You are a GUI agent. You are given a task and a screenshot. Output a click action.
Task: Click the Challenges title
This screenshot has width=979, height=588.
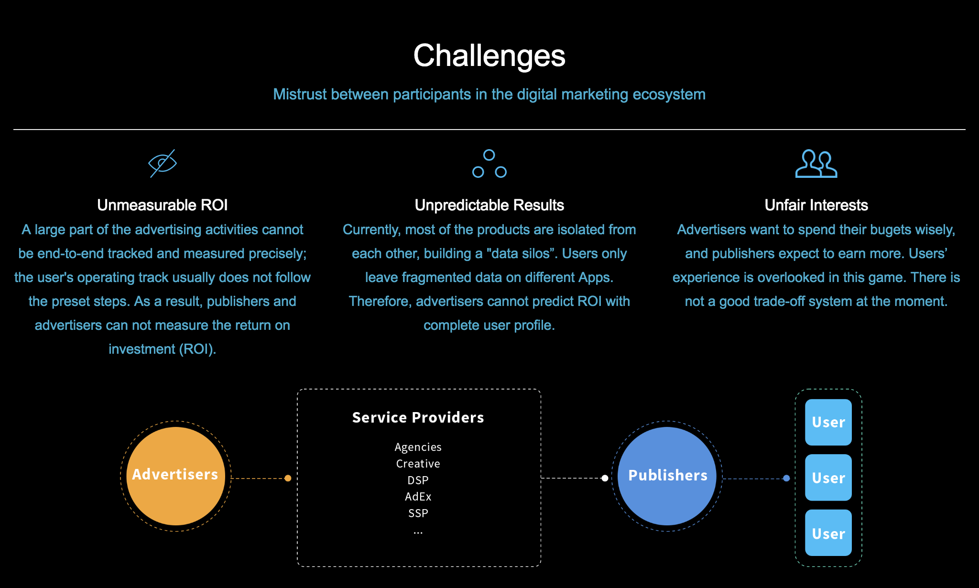489,56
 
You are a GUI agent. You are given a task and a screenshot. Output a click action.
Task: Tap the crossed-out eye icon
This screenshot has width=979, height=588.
163,163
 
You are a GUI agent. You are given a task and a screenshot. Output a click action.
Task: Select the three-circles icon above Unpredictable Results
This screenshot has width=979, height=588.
489,164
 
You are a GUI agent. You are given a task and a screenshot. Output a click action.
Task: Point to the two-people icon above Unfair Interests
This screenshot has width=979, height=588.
816,164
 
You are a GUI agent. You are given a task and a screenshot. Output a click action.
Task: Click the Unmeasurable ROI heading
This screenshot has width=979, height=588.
162,205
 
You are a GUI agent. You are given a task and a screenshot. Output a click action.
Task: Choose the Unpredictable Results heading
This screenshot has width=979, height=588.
489,205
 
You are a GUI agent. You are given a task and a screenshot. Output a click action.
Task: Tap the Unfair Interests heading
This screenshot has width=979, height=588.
816,205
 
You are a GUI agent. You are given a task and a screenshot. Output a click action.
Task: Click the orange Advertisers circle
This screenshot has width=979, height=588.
175,476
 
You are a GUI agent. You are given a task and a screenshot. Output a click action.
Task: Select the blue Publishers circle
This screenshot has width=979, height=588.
667,476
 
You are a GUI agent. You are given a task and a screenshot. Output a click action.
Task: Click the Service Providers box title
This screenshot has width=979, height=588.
418,417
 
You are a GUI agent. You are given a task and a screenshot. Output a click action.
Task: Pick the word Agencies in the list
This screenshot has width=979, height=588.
418,447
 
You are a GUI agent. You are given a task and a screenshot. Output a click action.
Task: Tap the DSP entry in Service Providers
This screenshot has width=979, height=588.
418,480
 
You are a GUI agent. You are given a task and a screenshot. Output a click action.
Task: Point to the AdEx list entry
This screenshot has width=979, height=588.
418,497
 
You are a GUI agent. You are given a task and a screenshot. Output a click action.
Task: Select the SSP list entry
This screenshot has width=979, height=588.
418,513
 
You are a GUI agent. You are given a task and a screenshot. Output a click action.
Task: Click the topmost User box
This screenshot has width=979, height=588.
828,422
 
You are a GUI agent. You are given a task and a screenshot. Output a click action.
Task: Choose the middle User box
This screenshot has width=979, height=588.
828,478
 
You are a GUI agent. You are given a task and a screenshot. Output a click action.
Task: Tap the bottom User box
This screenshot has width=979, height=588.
828,533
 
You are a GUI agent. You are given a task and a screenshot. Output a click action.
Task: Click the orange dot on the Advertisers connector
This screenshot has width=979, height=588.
288,478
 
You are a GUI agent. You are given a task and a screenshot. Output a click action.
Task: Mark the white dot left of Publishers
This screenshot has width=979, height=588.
605,478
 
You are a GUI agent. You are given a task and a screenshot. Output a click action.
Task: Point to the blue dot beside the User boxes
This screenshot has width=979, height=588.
786,478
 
